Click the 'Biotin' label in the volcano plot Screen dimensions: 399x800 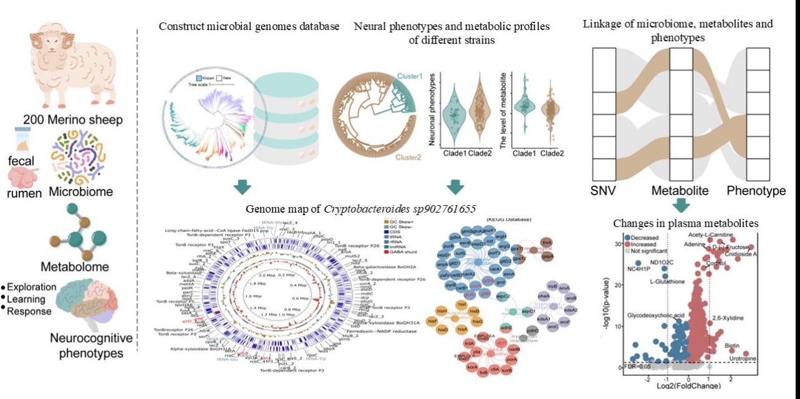click(733, 345)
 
